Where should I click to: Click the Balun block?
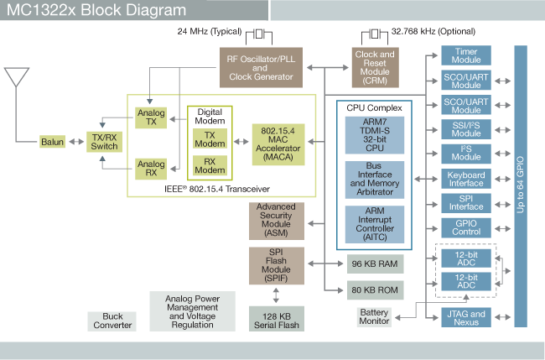point(52,142)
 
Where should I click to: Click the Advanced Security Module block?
point(276,221)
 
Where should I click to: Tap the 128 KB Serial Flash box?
point(277,320)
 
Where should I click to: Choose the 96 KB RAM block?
point(375,263)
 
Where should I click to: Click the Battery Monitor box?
point(374,317)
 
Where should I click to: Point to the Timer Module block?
point(466,57)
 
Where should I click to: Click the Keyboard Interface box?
point(466,178)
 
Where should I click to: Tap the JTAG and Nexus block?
point(466,318)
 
